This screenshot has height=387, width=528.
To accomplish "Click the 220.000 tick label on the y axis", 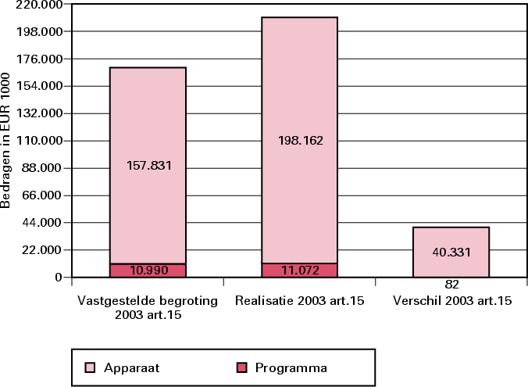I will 41,5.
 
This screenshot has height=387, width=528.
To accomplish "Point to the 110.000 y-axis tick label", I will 41,141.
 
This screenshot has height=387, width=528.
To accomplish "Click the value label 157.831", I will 148,166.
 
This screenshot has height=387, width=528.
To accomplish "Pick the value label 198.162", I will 300,141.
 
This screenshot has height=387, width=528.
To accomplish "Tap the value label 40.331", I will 451,252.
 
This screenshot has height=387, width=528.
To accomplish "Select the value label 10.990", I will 148,271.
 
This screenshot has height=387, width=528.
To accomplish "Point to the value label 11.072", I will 300,271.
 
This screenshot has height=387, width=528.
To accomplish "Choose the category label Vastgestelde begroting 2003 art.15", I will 148,306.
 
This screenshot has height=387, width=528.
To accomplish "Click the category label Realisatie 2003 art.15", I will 300,300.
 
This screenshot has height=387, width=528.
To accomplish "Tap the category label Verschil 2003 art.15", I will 451,300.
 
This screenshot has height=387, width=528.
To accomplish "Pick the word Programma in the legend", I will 291,367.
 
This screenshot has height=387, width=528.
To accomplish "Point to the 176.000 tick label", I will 41,59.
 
